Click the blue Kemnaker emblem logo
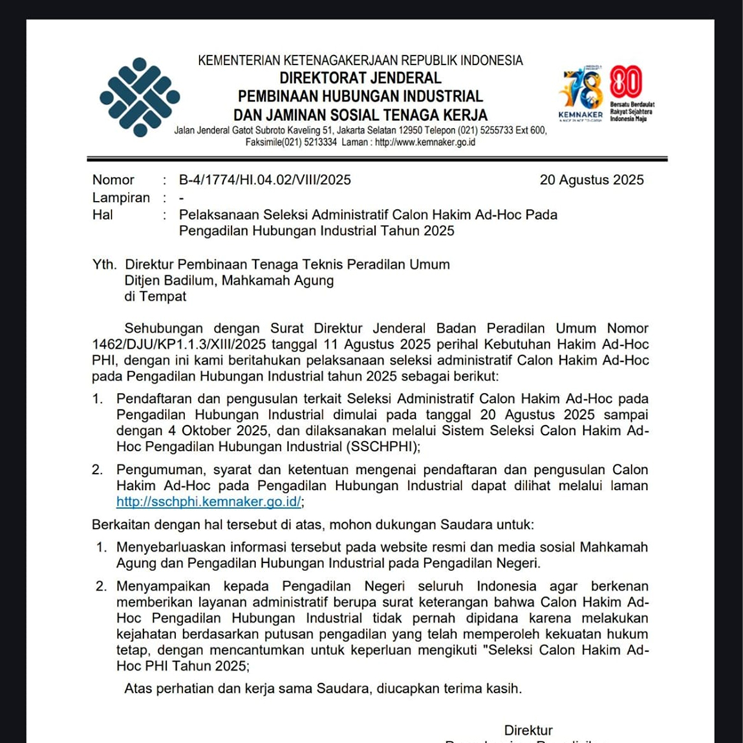point(139,96)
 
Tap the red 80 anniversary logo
point(626,83)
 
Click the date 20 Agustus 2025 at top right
point(592,180)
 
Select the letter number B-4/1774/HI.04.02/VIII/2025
point(265,180)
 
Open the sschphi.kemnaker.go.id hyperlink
point(209,502)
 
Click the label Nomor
point(114,180)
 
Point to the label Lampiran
point(121,197)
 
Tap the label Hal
point(103,215)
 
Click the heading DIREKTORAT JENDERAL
point(360,78)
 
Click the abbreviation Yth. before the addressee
point(105,264)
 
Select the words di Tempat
point(155,297)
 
